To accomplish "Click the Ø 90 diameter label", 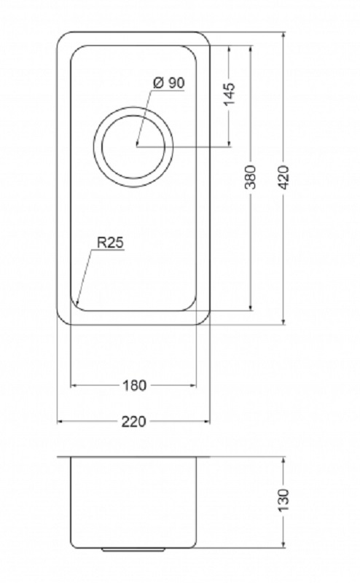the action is [x=168, y=82].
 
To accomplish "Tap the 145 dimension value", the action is [x=230, y=93].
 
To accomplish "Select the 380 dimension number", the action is [x=251, y=176].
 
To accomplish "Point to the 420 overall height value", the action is [x=283, y=177].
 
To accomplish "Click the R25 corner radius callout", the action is [x=110, y=243].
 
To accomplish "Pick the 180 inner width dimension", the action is [x=134, y=386].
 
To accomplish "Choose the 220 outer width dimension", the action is [x=134, y=421].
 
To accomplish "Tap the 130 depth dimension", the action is [x=283, y=500].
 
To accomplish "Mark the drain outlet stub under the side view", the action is [x=133, y=549].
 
